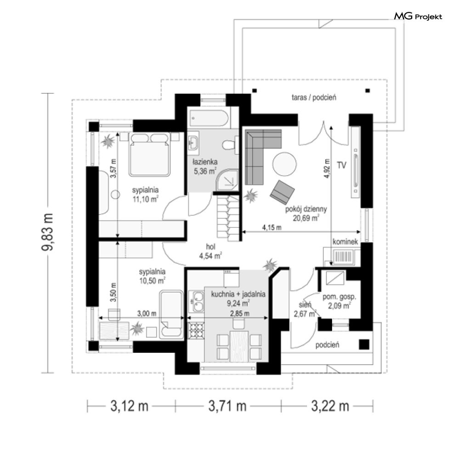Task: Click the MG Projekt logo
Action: (x=418, y=16)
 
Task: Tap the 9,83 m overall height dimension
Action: (x=47, y=232)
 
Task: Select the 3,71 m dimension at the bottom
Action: (x=227, y=406)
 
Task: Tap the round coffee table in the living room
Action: (x=284, y=164)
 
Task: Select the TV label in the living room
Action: (x=341, y=165)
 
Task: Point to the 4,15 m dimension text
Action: (x=272, y=227)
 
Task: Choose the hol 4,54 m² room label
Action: (x=210, y=251)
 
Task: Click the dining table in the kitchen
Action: (x=239, y=346)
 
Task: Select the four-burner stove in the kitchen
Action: (x=196, y=330)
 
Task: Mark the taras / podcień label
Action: (x=314, y=97)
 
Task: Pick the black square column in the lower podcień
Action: (x=364, y=345)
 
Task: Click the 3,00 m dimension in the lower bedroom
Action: (x=147, y=313)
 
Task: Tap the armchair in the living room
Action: (x=282, y=192)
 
